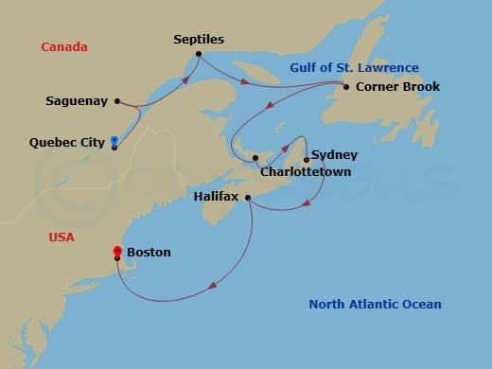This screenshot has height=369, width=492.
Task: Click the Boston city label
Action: [149, 253]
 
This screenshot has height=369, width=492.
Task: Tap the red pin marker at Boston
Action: [117, 251]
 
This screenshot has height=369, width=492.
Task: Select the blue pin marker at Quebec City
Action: [114, 141]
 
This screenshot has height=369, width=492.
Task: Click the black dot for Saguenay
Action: [116, 100]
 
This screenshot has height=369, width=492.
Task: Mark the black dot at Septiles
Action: [198, 54]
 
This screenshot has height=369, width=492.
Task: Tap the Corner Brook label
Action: [397, 87]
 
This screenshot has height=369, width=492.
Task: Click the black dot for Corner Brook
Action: [345, 87]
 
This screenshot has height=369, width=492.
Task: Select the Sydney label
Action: [334, 154]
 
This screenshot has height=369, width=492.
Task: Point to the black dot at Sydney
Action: [307, 159]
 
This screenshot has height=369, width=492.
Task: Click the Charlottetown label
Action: [306, 172]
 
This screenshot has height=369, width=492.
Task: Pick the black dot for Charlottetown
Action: [255, 158]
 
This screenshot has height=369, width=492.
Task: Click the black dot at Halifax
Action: [247, 198]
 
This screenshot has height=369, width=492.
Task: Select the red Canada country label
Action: [64, 46]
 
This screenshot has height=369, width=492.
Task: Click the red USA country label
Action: [61, 237]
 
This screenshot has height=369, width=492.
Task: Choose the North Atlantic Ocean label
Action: [375, 304]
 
